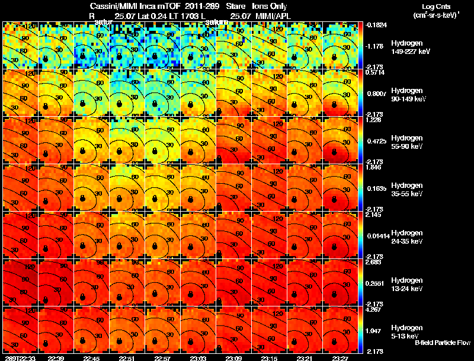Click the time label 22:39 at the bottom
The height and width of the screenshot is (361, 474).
(56, 357)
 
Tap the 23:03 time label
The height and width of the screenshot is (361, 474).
(198, 357)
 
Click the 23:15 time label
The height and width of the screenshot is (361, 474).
(270, 357)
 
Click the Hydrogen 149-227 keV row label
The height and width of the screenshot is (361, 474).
(406, 47)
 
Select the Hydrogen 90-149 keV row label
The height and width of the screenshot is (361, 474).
(406, 95)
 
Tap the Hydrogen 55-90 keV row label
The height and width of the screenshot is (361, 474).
(406, 142)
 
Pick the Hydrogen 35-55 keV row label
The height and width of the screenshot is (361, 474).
(406, 190)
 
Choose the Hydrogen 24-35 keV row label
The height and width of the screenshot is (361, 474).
(406, 237)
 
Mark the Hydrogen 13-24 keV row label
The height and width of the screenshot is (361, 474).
(406, 285)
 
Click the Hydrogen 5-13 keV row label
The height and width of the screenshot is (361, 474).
(406, 331)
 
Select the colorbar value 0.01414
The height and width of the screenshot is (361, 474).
(376, 235)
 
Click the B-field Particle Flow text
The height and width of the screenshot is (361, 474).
(443, 343)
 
